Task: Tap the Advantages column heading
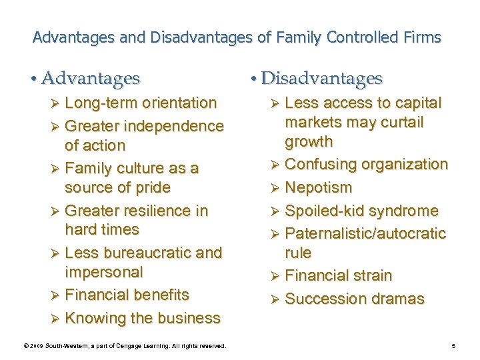91,79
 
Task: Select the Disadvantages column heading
321,79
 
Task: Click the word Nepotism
318,188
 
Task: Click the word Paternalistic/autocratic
365,233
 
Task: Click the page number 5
453,345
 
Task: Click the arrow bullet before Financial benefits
56,295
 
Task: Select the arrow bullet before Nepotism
276,188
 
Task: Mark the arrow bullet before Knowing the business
56,319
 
